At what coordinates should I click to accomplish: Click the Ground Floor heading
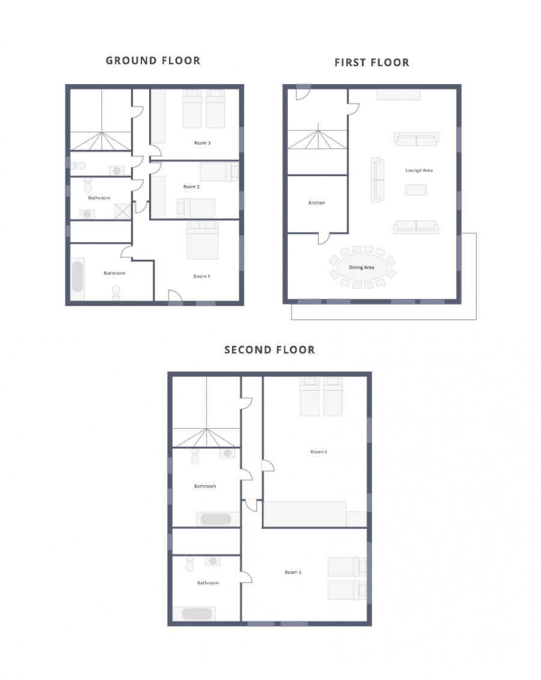(x=153, y=61)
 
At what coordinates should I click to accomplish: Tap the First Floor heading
(x=372, y=63)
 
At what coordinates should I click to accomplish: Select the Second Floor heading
(x=270, y=350)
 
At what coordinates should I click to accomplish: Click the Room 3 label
(x=203, y=142)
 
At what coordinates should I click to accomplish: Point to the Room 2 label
(x=191, y=186)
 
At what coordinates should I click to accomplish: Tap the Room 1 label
(x=201, y=276)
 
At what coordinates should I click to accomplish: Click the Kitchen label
(x=316, y=203)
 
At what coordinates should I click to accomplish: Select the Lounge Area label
(x=419, y=170)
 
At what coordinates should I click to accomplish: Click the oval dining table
(x=361, y=267)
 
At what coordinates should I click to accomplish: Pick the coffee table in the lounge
(x=416, y=189)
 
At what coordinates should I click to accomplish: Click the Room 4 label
(x=319, y=452)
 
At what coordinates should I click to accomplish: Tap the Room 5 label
(x=293, y=572)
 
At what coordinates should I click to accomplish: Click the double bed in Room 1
(x=203, y=240)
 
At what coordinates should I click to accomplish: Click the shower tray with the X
(x=122, y=212)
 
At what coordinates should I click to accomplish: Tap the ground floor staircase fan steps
(x=101, y=141)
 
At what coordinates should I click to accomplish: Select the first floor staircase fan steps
(x=318, y=139)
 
